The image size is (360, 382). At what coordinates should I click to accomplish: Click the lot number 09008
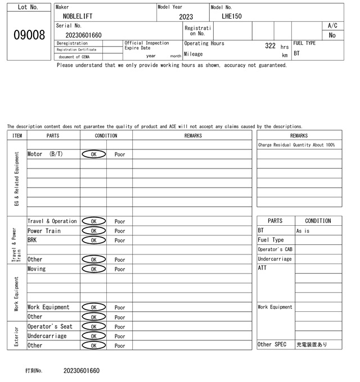tap(29, 35)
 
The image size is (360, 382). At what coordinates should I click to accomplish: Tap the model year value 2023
tap(186, 17)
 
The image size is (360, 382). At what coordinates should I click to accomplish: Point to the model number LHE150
tap(232, 17)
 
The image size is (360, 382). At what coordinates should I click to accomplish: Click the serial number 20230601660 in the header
tap(84, 35)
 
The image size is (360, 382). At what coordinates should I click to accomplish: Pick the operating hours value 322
tap(270, 46)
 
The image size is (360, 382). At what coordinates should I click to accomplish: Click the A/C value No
tap(332, 35)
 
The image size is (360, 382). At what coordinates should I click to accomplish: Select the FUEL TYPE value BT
tap(297, 54)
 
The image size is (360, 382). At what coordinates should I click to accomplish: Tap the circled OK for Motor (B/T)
tap(93, 154)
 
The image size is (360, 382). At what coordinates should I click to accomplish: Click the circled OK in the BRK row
tap(93, 240)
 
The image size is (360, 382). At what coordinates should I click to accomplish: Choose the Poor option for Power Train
tap(120, 231)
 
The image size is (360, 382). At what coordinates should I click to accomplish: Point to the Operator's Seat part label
tap(50, 326)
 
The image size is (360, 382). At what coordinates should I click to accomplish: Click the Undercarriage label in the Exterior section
tap(47, 336)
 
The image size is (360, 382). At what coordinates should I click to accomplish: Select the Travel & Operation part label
tap(52, 221)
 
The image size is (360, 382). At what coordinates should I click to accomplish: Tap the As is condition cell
tap(303, 231)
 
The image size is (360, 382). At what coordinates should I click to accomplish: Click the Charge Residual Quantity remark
tap(296, 145)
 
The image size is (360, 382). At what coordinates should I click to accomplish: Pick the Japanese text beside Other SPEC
tap(312, 344)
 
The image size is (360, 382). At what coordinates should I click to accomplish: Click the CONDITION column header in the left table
tap(106, 135)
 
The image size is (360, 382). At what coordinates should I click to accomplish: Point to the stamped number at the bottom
tap(82, 371)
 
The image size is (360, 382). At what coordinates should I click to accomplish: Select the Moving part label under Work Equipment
tap(37, 269)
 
